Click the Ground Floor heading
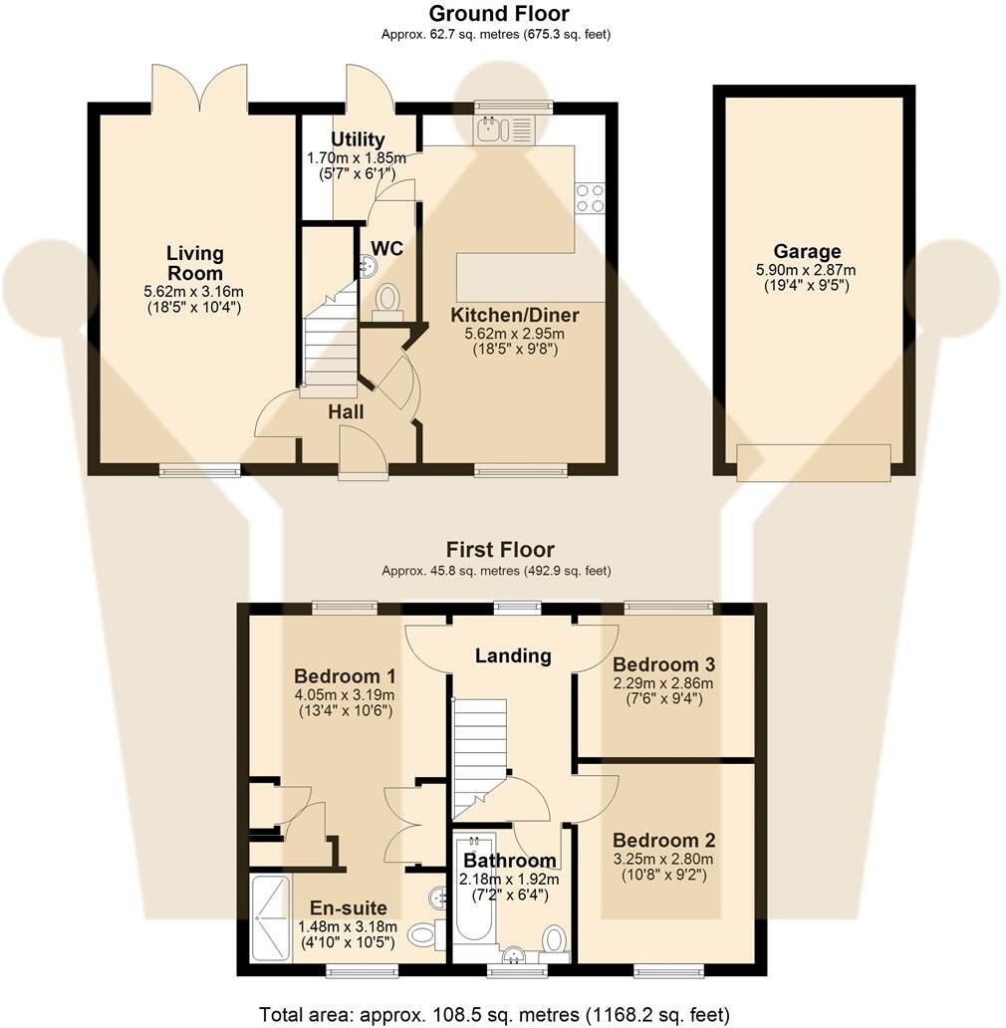coord(498,14)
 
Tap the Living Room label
coord(195,264)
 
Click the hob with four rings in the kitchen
coord(590,197)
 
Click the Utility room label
coord(358,139)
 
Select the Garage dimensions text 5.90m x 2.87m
coord(808,270)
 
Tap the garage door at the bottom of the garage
coord(813,463)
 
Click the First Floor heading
coord(499,550)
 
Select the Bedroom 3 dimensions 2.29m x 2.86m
coord(663,683)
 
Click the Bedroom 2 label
coord(663,840)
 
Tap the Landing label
coord(512,655)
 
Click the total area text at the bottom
coord(495,1014)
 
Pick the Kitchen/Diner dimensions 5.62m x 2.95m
coord(515,334)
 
